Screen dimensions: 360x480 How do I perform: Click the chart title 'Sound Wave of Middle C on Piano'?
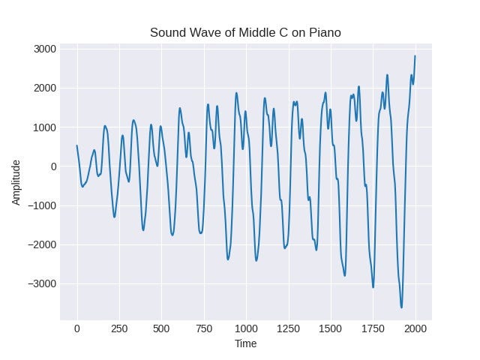245,32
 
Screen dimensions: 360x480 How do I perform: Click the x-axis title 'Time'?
245,344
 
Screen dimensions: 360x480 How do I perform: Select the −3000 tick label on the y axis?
41,284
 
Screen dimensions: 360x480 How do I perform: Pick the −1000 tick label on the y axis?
41,205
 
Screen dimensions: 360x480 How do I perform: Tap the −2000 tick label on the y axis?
41,245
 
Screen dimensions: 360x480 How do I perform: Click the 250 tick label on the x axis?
118,328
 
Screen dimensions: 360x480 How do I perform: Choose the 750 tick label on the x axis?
203,328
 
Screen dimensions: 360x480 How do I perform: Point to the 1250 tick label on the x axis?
288,328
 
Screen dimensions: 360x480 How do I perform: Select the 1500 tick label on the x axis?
331,328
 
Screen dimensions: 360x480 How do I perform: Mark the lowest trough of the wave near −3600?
401,307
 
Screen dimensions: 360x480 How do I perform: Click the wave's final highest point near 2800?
415,56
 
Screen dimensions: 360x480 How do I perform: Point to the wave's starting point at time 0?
76,145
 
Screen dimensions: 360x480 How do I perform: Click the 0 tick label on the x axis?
76,328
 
